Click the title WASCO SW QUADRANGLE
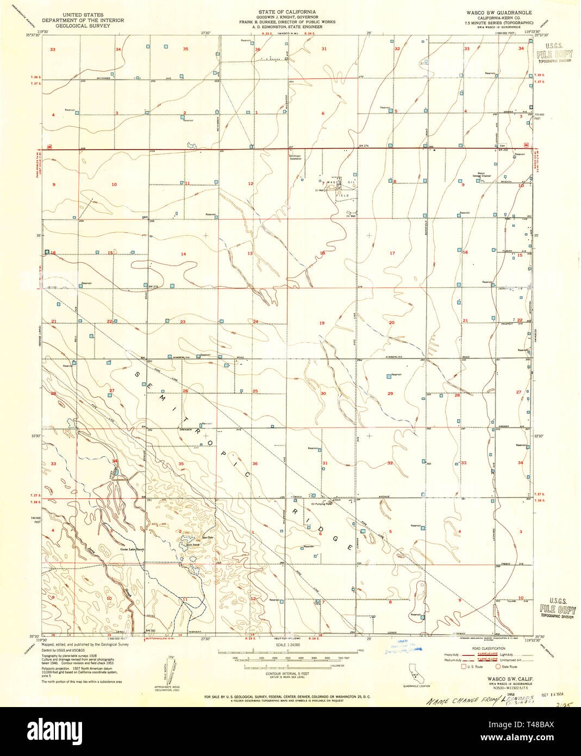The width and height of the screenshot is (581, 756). click(498, 11)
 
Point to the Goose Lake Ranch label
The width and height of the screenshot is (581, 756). click(132, 550)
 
